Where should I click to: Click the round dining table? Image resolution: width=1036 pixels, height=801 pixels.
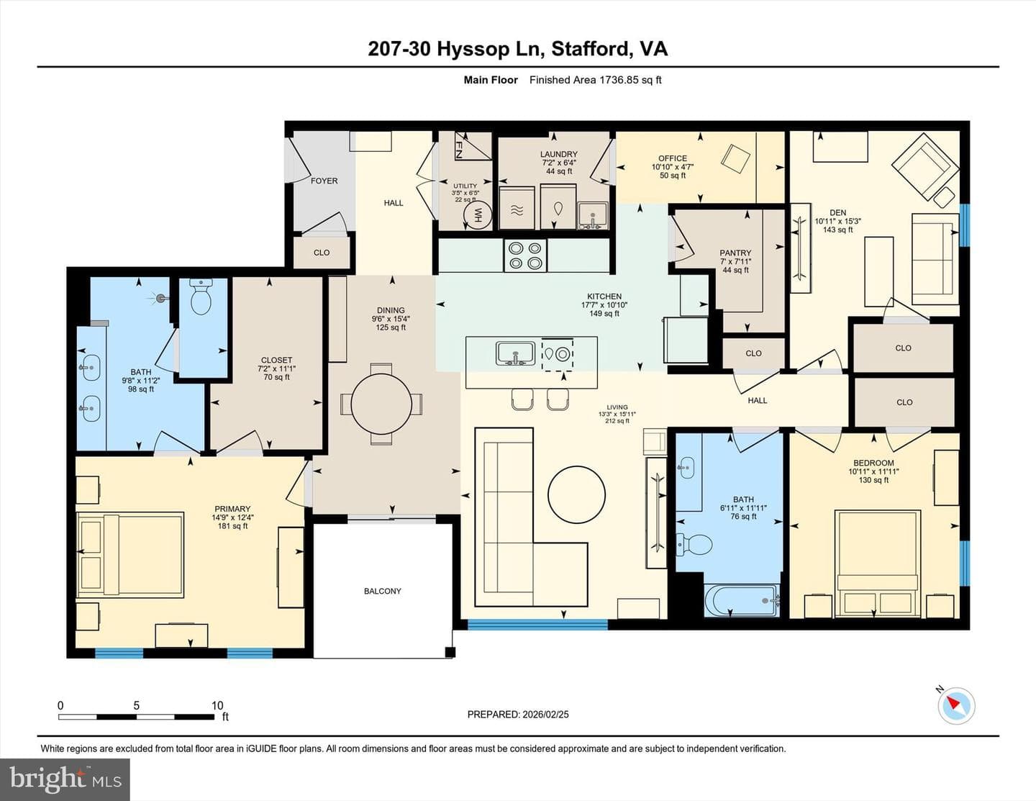click(381, 404)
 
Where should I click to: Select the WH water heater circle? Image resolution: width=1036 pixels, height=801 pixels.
click(477, 215)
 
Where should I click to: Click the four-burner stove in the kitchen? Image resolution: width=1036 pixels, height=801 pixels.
click(525, 255)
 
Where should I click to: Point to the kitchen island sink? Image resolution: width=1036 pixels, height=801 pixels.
click(515, 353)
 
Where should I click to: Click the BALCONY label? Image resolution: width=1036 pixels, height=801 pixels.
click(382, 592)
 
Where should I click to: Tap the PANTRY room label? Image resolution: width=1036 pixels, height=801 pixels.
click(735, 253)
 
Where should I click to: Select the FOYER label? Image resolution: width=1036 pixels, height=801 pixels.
click(324, 181)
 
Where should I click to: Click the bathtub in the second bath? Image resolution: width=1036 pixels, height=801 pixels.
click(742, 600)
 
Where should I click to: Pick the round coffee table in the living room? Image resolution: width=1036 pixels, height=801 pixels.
click(577, 494)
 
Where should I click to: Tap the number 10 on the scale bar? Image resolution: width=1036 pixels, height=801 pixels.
click(217, 705)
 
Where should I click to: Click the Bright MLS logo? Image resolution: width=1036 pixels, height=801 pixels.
click(65, 779)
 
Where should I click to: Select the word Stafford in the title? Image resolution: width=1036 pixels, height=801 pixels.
click(589, 50)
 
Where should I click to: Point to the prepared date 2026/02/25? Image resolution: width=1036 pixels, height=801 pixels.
click(545, 715)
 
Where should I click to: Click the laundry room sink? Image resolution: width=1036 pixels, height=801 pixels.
click(593, 216)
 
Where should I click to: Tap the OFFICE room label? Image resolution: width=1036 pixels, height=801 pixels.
click(673, 158)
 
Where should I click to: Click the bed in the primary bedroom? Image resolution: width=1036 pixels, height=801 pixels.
click(130, 554)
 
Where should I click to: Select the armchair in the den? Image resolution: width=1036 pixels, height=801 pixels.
click(925, 166)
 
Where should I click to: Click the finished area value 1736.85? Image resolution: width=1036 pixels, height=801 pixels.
click(618, 80)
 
